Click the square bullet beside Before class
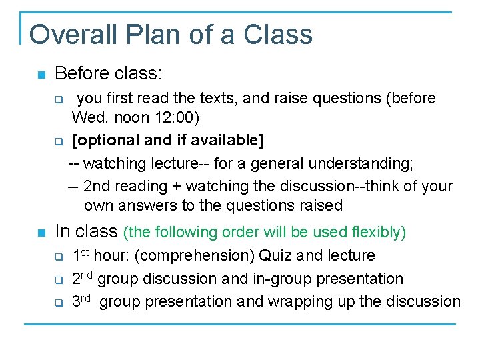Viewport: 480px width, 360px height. [42, 73]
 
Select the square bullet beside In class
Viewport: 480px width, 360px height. [42, 233]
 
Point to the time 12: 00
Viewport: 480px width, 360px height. [176, 118]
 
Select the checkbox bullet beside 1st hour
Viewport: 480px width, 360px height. [58, 257]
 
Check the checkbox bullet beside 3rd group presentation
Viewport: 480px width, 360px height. [58, 302]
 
